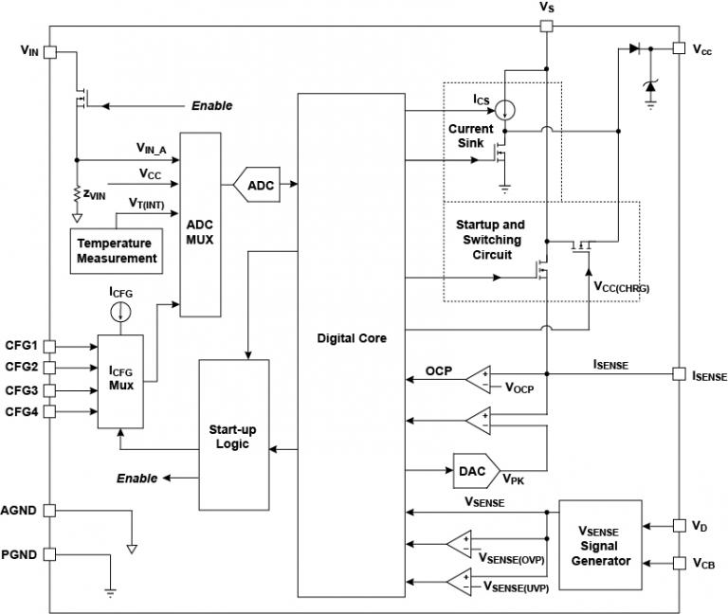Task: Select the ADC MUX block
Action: tap(200, 224)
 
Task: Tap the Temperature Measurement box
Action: tap(117, 250)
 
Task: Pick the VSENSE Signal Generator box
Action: tap(600, 547)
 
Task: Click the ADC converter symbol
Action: tap(261, 185)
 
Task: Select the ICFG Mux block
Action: tap(120, 378)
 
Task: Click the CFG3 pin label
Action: tap(21, 389)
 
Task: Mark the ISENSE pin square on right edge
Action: tap(678, 374)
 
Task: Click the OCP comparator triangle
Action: tap(478, 379)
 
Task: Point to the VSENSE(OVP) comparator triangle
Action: tap(460, 545)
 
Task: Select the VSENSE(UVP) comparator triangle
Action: tap(460, 581)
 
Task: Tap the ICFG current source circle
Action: tap(120, 314)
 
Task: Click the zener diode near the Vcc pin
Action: tap(650, 86)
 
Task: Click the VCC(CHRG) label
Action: tap(622, 285)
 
